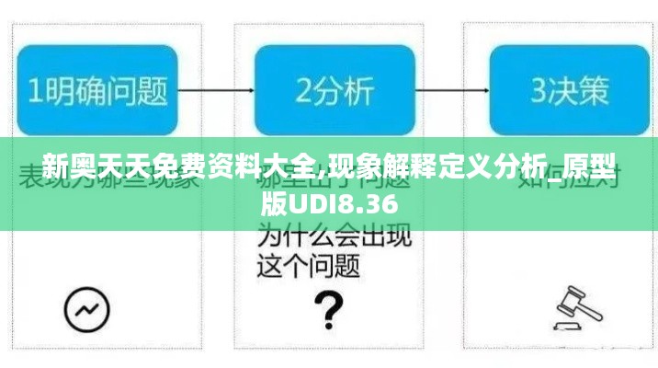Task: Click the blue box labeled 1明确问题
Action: (97, 89)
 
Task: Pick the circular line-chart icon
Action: (87, 308)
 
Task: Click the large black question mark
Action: (328, 309)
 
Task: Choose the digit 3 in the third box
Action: (539, 90)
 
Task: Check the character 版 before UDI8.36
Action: (273, 203)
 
